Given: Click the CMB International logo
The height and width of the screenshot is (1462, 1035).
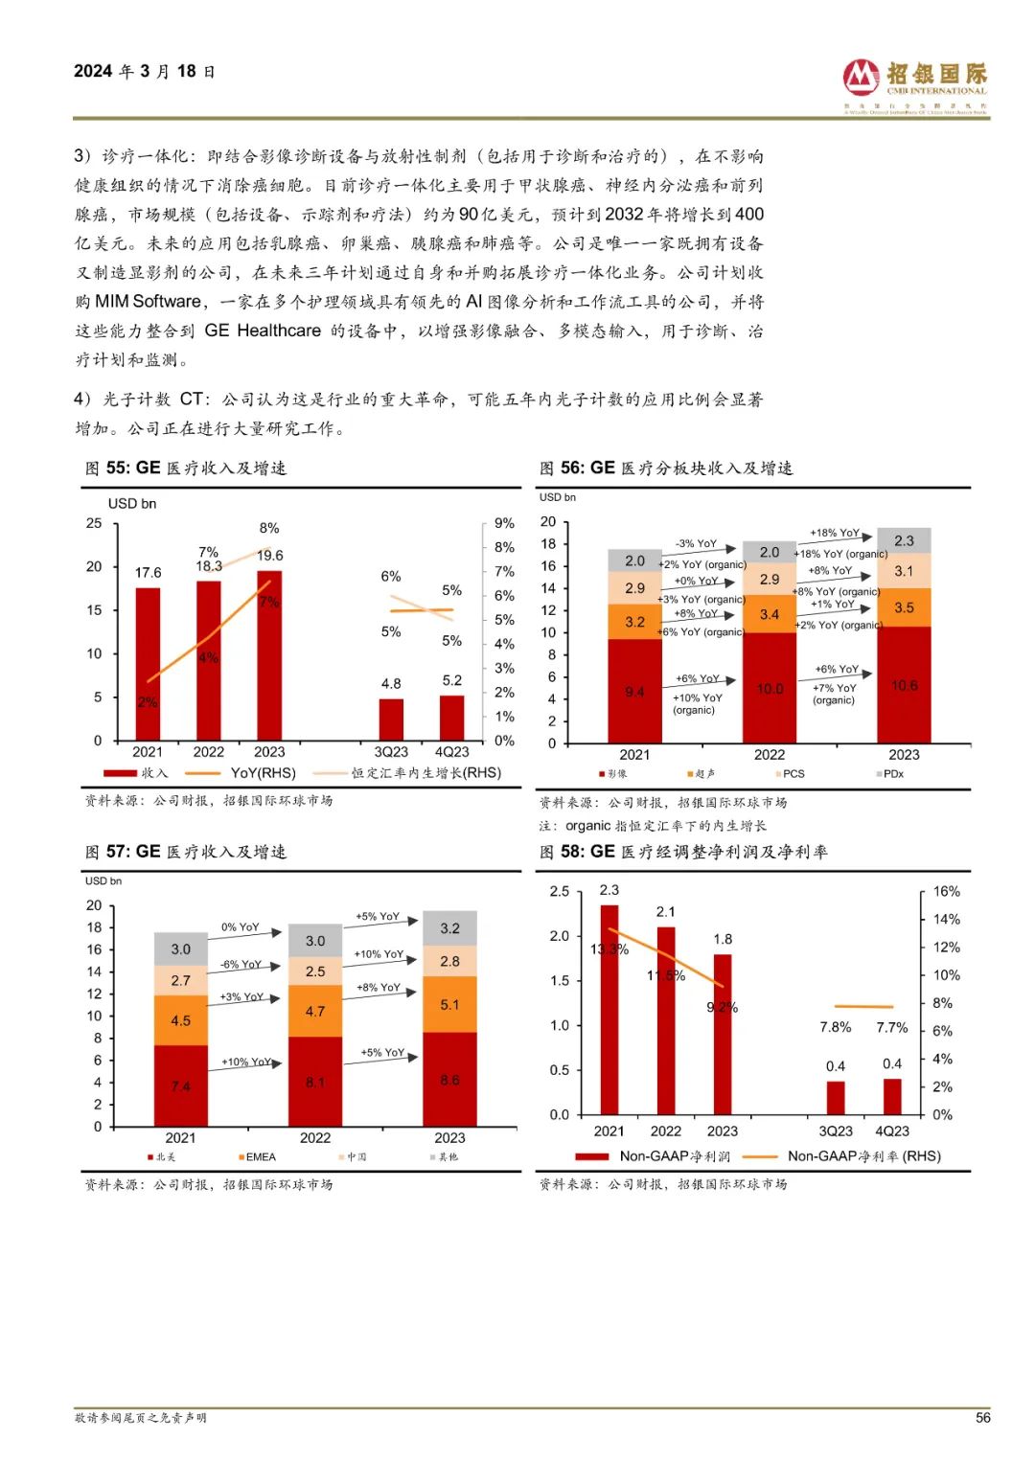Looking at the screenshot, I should click(x=914, y=85).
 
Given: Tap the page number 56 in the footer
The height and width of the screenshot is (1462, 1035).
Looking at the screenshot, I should click(x=982, y=1417).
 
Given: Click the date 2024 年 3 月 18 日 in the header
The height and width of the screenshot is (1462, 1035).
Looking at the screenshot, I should click(x=145, y=72).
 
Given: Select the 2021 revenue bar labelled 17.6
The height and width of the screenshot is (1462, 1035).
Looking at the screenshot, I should click(x=148, y=661).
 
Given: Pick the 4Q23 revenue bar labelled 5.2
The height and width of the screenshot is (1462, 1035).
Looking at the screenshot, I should click(x=451, y=717).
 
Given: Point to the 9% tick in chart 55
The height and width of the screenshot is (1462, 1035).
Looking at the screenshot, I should click(x=504, y=523).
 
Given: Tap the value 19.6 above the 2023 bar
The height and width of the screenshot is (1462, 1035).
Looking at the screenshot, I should click(x=270, y=556).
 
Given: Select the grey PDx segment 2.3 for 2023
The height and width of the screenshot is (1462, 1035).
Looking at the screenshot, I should click(x=904, y=540).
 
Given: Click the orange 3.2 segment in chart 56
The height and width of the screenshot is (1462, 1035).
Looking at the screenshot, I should click(x=634, y=622).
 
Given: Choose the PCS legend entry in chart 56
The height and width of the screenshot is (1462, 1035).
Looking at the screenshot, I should click(x=792, y=774).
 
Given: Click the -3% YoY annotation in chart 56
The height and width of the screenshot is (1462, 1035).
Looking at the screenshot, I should click(x=696, y=543).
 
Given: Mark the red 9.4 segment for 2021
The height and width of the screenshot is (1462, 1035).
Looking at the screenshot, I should click(x=634, y=691).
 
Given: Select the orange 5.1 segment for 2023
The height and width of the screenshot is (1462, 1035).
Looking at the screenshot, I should click(x=449, y=1004).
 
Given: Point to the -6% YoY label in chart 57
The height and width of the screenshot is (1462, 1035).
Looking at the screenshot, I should click(x=241, y=965).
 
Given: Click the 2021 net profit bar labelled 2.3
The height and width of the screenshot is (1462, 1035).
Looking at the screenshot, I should click(x=609, y=1006).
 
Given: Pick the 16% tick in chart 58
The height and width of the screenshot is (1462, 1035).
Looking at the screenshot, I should click(x=946, y=891).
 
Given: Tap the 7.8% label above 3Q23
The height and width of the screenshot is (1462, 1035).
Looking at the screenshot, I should click(x=835, y=1027).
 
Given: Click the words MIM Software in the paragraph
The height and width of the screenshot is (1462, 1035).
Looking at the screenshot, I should click(x=149, y=302).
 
